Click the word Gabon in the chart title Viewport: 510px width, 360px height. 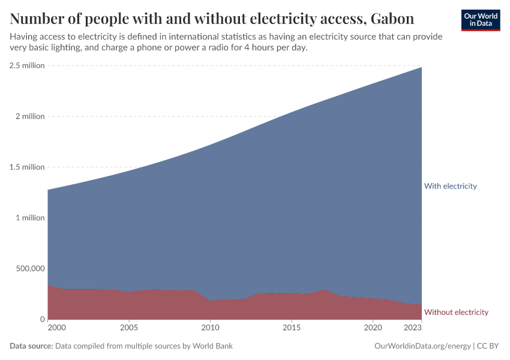[x=392, y=19]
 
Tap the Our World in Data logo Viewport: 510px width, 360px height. [x=481, y=20]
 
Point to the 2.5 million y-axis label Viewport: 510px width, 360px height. [x=27, y=65]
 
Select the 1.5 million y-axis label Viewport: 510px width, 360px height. [x=27, y=167]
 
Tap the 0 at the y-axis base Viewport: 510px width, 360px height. [x=42, y=319]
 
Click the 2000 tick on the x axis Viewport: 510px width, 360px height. [x=56, y=328]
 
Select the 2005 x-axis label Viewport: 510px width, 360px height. [x=129, y=328]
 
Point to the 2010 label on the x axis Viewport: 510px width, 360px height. [x=210, y=328]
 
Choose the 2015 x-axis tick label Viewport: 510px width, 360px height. [x=292, y=328]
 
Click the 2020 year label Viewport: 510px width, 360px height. [x=373, y=328]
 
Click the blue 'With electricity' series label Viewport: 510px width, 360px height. [x=450, y=186]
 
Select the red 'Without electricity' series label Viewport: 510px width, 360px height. [x=456, y=312]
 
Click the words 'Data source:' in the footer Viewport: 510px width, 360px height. [x=31, y=346]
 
